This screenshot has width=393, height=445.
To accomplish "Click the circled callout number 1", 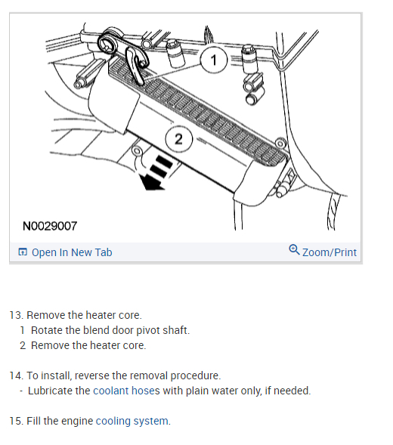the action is (214, 60).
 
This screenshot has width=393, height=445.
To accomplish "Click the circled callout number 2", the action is (178, 139).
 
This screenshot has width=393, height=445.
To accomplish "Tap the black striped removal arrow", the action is (156, 173).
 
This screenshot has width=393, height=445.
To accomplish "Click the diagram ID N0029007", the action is (50, 226).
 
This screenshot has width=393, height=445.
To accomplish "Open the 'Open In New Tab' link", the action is (72, 252).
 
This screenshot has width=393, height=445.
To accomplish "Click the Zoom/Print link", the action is (330, 252).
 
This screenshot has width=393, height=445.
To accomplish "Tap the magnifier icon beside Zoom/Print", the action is (294, 250).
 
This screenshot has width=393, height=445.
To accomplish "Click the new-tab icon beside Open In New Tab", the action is (23, 252).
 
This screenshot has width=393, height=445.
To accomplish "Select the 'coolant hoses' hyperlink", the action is (126, 391).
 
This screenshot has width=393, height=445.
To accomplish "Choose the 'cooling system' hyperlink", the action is (132, 421).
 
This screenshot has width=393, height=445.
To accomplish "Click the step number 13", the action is (16, 315).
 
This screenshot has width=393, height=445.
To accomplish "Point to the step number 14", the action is (16, 375).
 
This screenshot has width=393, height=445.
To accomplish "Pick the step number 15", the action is (16, 421).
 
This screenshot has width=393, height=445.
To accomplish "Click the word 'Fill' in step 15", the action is (33, 421).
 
